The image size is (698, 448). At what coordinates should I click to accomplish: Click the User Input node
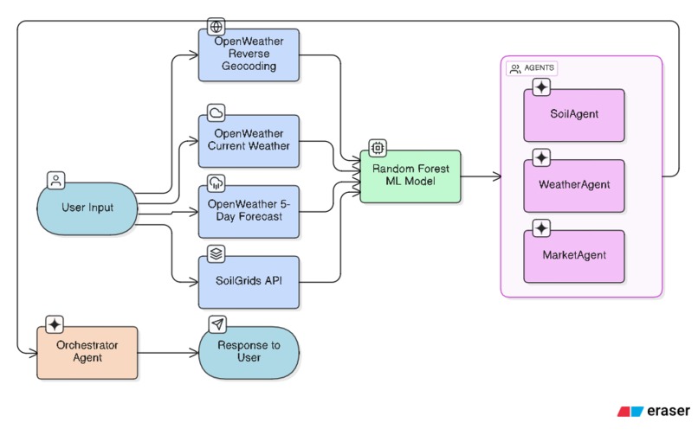pos(87,208)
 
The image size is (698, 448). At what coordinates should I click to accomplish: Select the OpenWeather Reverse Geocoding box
pos(249,55)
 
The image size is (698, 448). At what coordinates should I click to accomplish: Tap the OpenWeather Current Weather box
pos(249,140)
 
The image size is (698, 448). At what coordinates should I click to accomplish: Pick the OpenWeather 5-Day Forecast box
pos(249,211)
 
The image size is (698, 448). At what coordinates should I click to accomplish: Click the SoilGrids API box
pos(249,282)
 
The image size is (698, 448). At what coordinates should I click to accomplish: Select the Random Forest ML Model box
pos(410,176)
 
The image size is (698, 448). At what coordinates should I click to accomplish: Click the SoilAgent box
pos(573,115)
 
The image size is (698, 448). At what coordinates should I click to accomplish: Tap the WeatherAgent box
pos(573,185)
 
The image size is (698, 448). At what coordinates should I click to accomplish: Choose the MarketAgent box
pos(573,256)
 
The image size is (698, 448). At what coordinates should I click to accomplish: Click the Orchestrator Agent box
pos(87,352)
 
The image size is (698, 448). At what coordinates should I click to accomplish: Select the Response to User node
pos(249,352)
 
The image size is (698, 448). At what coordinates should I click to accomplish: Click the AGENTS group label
pos(532,68)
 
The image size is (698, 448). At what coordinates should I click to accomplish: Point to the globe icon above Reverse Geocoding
pos(216,26)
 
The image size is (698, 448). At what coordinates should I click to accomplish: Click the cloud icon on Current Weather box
pos(216,112)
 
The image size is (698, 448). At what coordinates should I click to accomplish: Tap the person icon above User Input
pos(55,181)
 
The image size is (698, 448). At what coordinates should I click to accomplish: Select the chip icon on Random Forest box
pos(378,148)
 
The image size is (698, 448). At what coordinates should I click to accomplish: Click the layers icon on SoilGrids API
pos(216,253)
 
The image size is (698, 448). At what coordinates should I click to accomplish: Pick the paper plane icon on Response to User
pos(216,324)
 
